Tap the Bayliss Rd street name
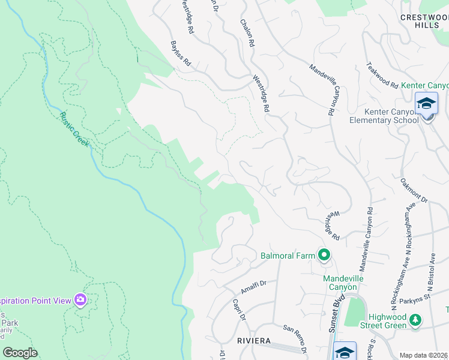[180, 53]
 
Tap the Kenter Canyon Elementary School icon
[426, 104]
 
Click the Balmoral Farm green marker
[324, 256]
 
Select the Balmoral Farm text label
[288, 256]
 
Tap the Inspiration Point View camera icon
[80, 299]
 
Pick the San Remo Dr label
[295, 338]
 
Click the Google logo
[20, 352]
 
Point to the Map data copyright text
[424, 355]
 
